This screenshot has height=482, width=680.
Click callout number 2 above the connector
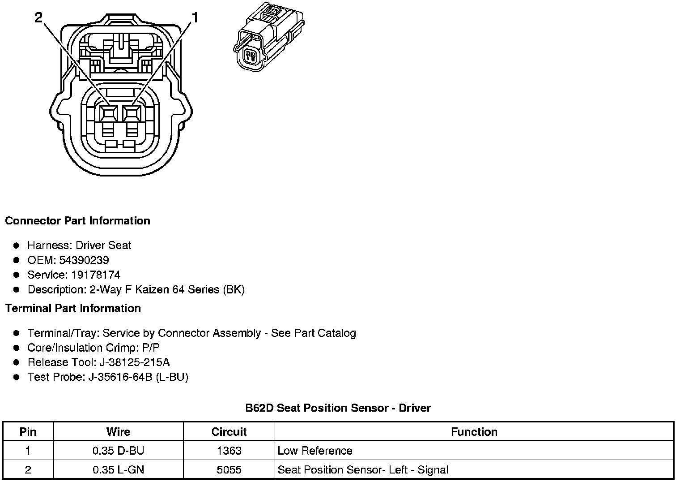(x=38, y=17)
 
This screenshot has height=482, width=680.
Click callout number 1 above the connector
(x=195, y=17)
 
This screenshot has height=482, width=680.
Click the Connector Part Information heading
(x=77, y=221)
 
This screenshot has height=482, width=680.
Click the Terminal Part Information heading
(x=73, y=309)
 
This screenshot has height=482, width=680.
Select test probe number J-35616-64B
(x=120, y=377)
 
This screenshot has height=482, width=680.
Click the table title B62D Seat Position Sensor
(x=338, y=408)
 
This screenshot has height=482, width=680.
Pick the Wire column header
(x=118, y=432)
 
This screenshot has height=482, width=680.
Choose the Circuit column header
(x=229, y=432)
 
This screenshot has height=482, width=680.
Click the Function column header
(x=474, y=432)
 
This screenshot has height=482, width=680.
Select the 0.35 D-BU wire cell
(x=118, y=451)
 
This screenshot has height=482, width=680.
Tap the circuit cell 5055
(x=229, y=470)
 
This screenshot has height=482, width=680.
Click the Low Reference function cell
(x=315, y=451)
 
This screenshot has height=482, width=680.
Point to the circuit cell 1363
(x=229, y=451)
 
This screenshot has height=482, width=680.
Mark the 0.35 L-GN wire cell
(x=118, y=470)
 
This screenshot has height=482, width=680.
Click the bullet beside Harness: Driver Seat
(x=17, y=245)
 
